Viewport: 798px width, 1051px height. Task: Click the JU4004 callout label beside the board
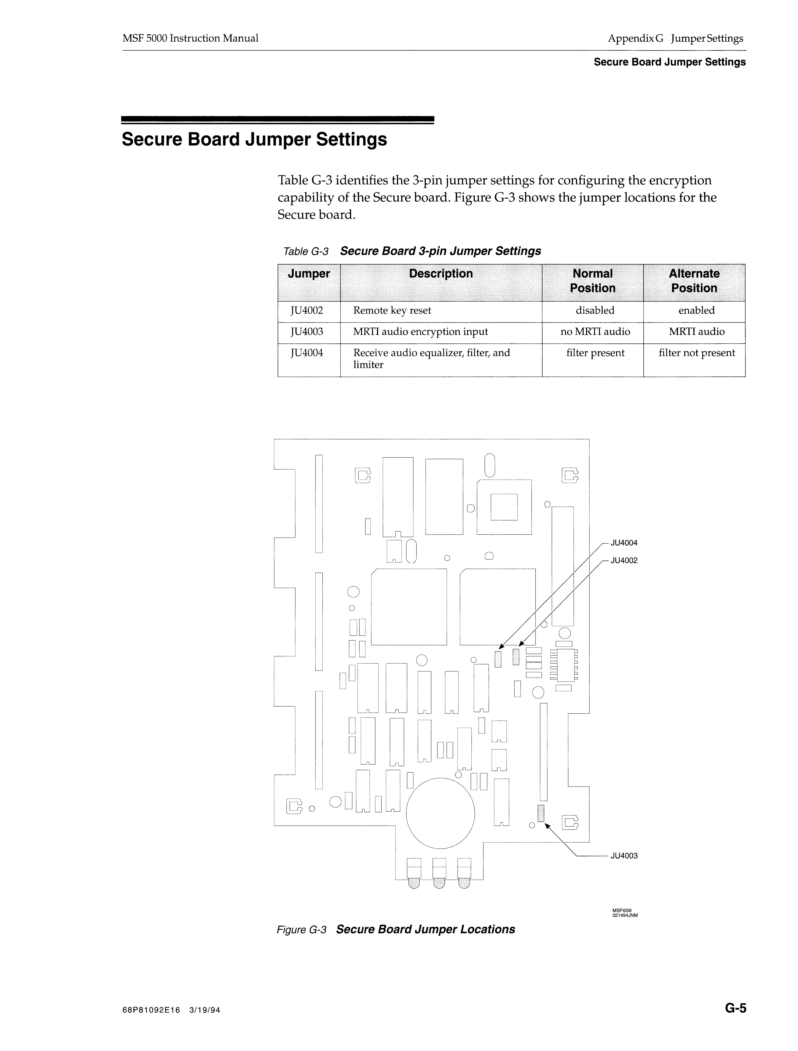(x=624, y=543)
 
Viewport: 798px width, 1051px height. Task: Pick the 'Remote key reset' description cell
(x=392, y=311)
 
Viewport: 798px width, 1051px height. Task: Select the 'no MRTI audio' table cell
(x=595, y=332)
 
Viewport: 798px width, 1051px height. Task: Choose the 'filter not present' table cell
(x=696, y=353)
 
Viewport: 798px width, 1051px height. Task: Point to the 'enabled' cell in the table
(x=696, y=311)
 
